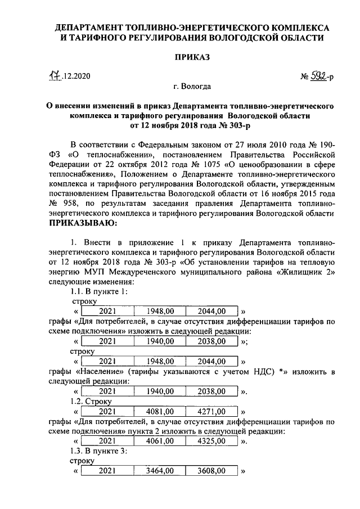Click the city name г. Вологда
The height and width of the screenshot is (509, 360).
192,87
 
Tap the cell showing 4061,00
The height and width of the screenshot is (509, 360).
160,442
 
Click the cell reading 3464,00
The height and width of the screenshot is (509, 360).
160,472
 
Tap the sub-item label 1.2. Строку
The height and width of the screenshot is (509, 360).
91,401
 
